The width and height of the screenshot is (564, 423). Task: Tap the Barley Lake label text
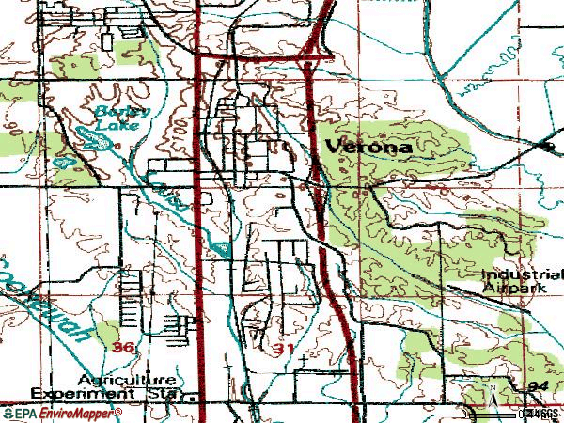click(118, 117)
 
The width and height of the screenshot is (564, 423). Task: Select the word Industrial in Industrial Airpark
click(521, 275)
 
